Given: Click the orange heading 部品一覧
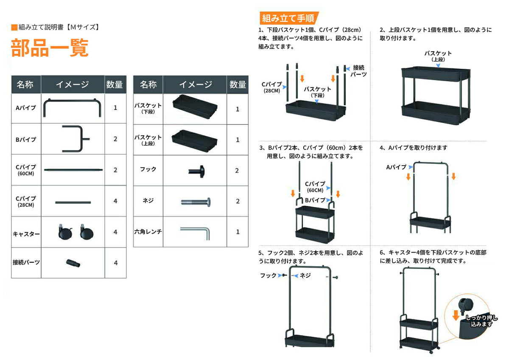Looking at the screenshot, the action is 50,48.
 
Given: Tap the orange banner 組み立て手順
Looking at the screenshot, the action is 289,18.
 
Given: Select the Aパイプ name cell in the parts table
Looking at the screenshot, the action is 26,108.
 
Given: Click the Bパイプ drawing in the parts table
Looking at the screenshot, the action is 76,139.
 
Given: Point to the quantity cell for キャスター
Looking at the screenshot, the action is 115,232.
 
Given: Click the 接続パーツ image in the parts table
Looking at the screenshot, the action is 73,263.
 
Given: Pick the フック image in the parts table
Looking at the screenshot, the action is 196,171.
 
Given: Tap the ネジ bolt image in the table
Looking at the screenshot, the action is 196,202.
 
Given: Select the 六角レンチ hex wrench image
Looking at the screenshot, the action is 195,233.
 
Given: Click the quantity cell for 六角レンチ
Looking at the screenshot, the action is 238,232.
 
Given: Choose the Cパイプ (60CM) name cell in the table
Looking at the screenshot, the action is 26,170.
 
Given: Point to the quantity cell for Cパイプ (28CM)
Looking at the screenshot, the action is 115,201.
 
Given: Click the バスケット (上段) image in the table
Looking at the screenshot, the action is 195,141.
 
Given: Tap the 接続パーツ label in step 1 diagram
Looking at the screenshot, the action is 358,71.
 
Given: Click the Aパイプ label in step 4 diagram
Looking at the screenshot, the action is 396,167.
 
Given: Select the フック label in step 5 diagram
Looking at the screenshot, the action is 268,276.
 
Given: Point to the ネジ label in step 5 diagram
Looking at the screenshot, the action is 305,276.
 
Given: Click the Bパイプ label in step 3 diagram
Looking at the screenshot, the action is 315,200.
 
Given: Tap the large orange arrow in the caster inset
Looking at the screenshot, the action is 456,315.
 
